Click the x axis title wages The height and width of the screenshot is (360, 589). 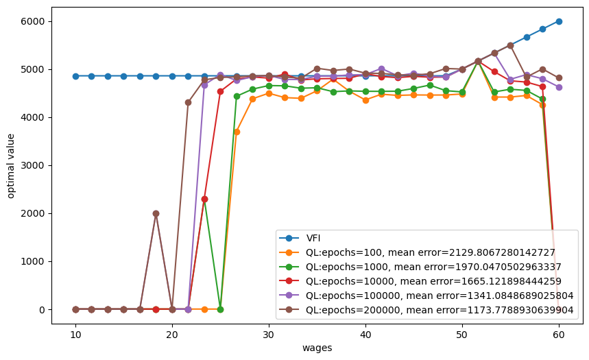pos(317,348)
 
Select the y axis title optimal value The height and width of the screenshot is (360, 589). pos(12,166)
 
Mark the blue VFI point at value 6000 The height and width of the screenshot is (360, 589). pos(559,21)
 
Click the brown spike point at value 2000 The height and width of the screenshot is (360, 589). pos(156,213)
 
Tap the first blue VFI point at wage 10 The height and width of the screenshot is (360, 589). pos(75,76)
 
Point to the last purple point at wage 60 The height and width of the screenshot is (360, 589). pos(559,87)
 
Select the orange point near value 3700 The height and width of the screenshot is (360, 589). pos(237,132)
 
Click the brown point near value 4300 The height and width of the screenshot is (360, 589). pos(188,102)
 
